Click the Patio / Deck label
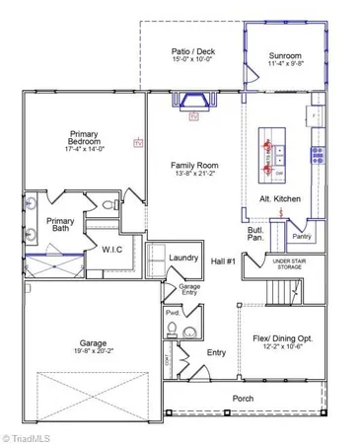[192, 51]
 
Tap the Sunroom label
[285, 56]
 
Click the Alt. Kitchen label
[279, 198]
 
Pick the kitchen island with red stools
[272, 155]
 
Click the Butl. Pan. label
[254, 235]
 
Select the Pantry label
[301, 236]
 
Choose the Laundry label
[183, 258]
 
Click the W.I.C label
[111, 250]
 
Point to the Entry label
[215, 352]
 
